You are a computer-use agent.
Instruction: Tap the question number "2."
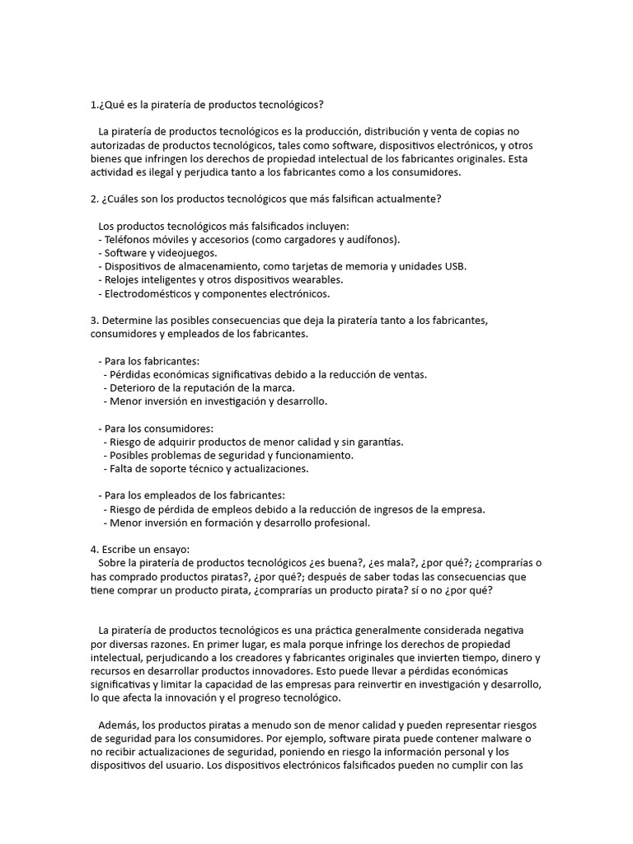[x=95, y=199]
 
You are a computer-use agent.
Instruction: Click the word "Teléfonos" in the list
[x=129, y=239]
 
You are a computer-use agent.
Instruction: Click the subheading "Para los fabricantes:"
[x=152, y=361]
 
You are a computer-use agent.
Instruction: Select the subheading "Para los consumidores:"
[x=157, y=429]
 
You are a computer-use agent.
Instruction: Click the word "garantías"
[x=374, y=442]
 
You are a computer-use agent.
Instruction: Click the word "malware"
[x=499, y=738]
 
